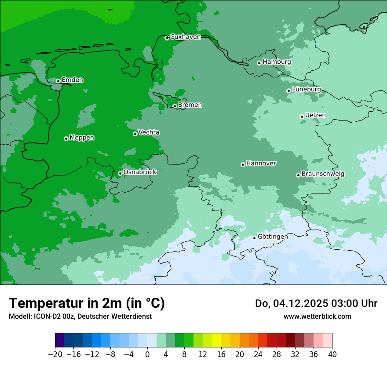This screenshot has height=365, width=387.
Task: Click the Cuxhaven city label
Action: (x=185, y=37)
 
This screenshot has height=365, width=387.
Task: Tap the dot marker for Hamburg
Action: (x=259, y=63)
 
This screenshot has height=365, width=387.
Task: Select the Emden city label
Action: (x=72, y=80)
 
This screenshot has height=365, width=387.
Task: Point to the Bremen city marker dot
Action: (x=175, y=106)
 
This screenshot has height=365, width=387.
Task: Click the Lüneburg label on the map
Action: (x=306, y=89)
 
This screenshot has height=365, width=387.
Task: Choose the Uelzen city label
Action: (x=315, y=115)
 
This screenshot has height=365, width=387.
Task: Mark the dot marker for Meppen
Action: (x=66, y=139)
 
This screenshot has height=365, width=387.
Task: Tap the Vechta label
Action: (x=149, y=132)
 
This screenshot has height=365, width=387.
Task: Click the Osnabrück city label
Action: (x=140, y=172)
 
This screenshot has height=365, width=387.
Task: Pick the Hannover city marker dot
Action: (x=243, y=164)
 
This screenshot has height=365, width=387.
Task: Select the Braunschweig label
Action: (x=323, y=174)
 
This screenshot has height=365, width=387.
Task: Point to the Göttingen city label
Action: (x=273, y=237)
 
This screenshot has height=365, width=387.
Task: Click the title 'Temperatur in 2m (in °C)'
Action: (x=87, y=303)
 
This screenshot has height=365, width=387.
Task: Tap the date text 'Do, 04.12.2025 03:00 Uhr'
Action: (x=316, y=303)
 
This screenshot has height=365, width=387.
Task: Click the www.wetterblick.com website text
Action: (x=317, y=316)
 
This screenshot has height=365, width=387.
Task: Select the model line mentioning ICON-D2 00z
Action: (x=80, y=316)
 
